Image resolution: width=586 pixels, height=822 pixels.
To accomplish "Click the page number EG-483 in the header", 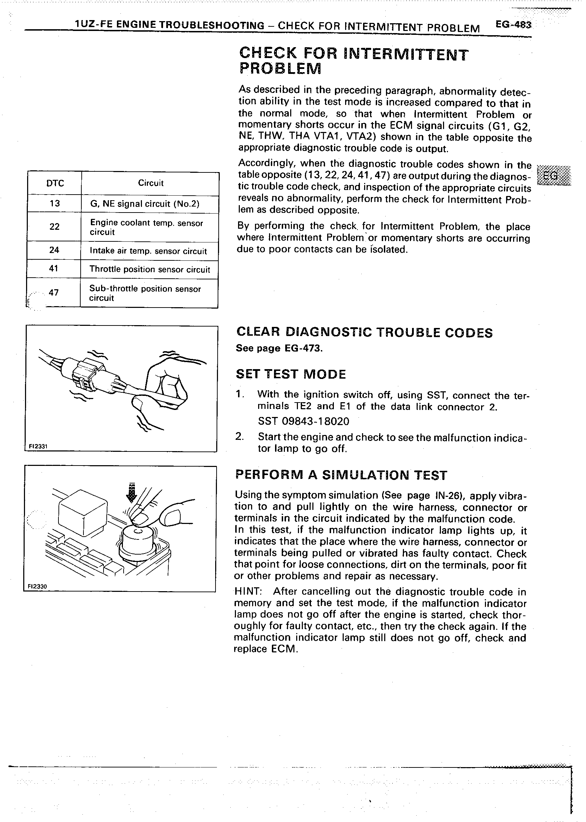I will tap(513, 25).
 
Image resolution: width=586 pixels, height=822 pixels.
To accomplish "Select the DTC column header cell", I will tap(55, 184).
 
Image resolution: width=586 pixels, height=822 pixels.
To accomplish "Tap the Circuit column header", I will tap(150, 183).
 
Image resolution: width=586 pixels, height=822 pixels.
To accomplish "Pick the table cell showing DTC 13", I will tap(55, 204).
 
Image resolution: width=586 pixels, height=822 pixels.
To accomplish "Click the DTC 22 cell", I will tap(54, 227).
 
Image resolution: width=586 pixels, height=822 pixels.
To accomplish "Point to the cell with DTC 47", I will tap(54, 293).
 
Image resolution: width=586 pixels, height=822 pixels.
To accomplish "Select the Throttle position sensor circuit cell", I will tap(149, 269).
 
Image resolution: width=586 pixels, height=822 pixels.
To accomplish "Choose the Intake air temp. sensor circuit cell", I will tap(148, 251).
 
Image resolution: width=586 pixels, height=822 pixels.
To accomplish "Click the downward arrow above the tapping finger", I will tap(132, 493).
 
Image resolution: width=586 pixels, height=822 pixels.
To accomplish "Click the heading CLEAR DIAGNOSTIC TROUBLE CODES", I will tap(364, 333).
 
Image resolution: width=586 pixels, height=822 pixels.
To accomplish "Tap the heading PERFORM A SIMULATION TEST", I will tap(341, 475).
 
